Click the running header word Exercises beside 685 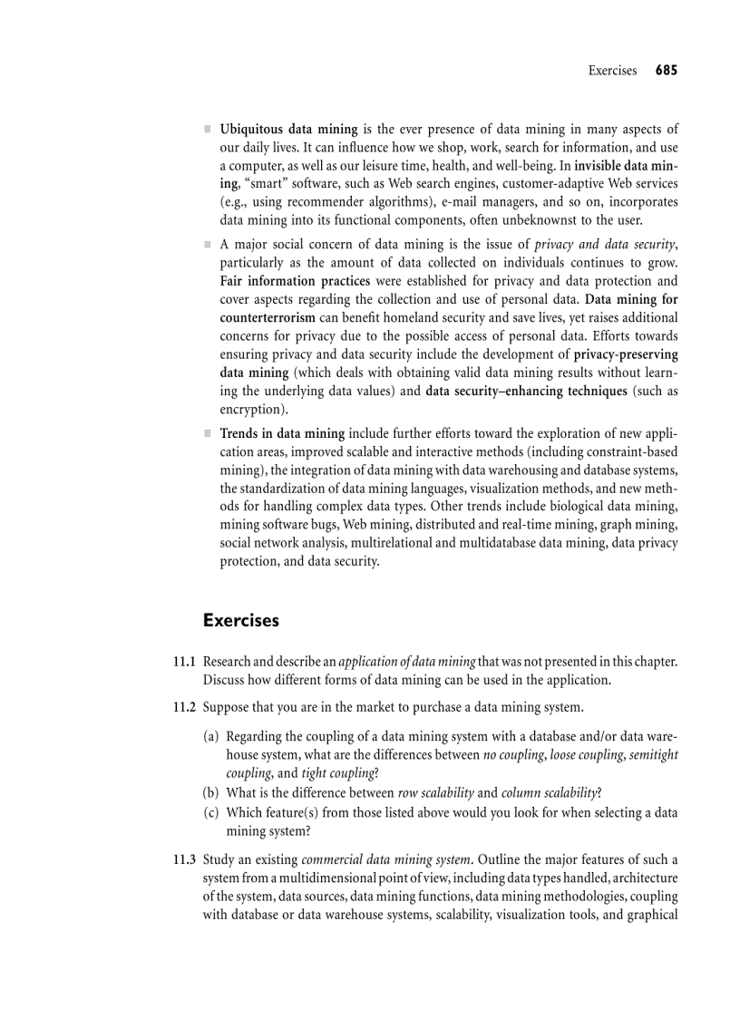tap(612, 71)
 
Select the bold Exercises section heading tap(241, 621)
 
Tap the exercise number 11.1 tap(185, 663)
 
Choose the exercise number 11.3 tap(185, 859)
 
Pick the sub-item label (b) tap(211, 792)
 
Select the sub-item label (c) tap(211, 813)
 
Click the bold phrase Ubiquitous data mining tap(289, 130)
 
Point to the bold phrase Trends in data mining tap(282, 432)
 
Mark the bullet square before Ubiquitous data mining tap(208, 130)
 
